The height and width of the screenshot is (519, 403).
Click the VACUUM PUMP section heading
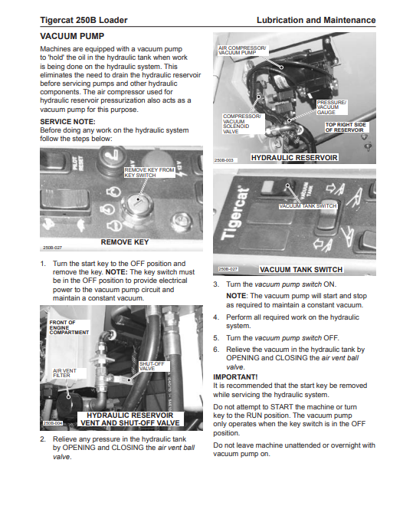click(x=72, y=36)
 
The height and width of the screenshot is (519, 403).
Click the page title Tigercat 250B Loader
click(x=84, y=20)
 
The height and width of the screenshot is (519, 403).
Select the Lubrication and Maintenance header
click(x=316, y=20)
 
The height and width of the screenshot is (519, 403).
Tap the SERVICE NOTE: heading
click(x=67, y=121)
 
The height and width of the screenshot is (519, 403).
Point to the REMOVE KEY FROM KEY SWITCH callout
click(x=149, y=172)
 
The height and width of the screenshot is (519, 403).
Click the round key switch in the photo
click(x=137, y=204)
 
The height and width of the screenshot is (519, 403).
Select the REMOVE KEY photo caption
click(x=125, y=242)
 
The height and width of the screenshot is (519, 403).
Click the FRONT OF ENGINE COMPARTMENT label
click(x=69, y=327)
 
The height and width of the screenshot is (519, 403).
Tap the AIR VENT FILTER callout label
click(x=64, y=373)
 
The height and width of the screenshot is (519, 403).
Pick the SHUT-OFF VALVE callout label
click(x=152, y=366)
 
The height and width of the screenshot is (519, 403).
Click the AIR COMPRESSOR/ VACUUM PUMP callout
click(x=242, y=50)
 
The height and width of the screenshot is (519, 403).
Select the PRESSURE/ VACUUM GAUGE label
click(x=331, y=107)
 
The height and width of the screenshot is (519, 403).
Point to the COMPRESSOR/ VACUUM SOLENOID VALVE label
click(x=241, y=123)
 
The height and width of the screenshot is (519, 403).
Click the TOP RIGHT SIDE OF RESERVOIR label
click(x=346, y=127)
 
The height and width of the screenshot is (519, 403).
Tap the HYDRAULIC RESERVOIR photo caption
click(x=294, y=158)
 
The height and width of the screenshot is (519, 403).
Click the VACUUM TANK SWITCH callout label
click(x=308, y=206)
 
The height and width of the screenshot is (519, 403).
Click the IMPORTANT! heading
click(x=235, y=377)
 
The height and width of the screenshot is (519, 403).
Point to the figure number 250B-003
click(x=224, y=160)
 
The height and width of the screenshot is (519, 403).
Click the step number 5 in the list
click(x=216, y=338)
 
